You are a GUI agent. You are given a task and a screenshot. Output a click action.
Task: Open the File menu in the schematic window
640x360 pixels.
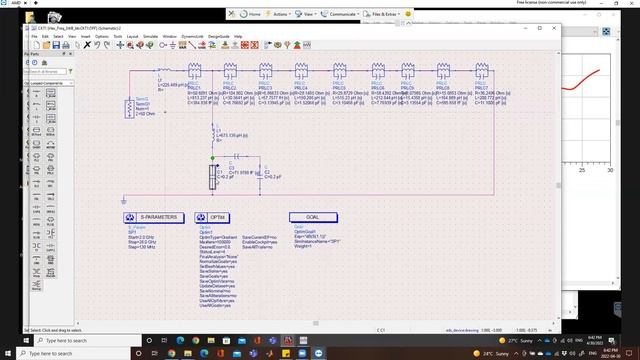point(33,37)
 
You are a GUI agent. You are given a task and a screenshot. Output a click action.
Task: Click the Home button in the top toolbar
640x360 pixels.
point(251,15)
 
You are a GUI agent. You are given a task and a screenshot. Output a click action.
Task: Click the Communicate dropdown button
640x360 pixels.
point(337,15)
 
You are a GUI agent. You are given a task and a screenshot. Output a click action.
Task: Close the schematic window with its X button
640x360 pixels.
point(540,28)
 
